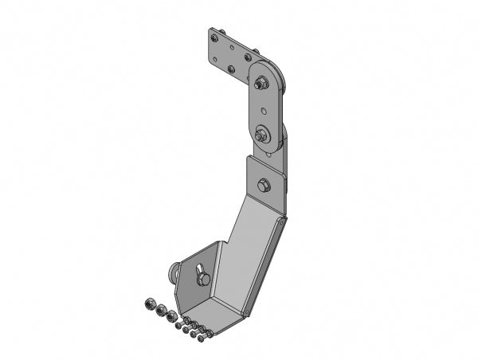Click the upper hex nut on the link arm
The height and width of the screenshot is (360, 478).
[262, 80]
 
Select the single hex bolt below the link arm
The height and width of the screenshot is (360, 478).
[264, 186]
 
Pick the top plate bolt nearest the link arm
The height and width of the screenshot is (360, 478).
[249, 57]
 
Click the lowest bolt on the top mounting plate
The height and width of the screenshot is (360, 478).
[232, 69]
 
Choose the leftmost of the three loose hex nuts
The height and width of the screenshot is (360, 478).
[149, 303]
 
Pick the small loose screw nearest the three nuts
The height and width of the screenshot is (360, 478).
[179, 324]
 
